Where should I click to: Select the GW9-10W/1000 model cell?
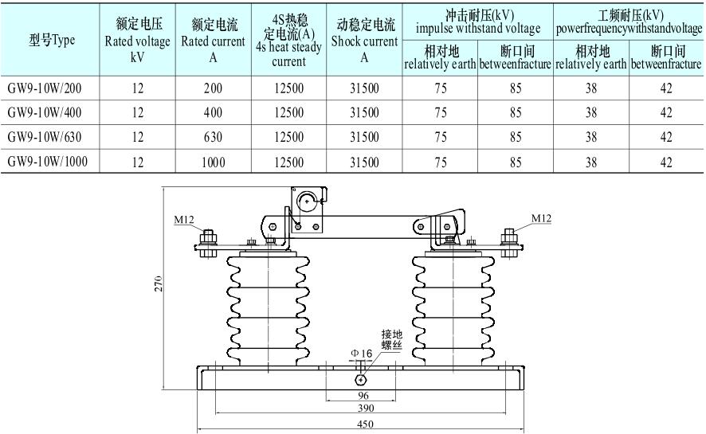(x=49, y=162)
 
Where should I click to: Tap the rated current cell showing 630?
(x=213, y=137)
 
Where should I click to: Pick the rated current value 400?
(x=213, y=112)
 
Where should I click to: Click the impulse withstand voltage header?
(x=477, y=22)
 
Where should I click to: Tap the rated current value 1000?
(x=213, y=162)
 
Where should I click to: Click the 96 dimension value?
(x=363, y=395)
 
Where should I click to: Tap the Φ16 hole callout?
(x=362, y=353)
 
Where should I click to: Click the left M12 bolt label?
(x=184, y=217)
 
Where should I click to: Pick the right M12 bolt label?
(x=541, y=217)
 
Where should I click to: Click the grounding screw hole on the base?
(x=363, y=379)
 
